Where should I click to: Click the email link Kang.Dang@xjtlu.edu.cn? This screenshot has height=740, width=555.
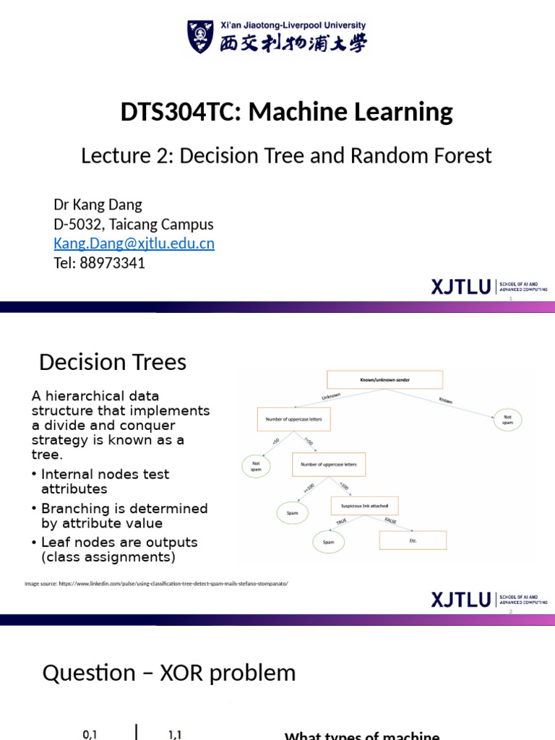pyautogui.click(x=134, y=244)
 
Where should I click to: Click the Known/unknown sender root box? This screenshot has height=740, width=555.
pyautogui.click(x=375, y=379)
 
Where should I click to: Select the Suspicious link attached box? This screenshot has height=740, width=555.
pyautogui.click(x=364, y=505)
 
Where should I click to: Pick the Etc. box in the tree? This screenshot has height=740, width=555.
pyautogui.click(x=413, y=541)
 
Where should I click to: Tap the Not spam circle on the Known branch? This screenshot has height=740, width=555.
pyautogui.click(x=508, y=420)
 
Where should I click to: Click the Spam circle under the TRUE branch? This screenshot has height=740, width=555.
pyautogui.click(x=328, y=541)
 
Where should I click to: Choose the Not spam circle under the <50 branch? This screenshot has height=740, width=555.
pyautogui.click(x=257, y=466)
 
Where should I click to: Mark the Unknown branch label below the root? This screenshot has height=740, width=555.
pyautogui.click(x=330, y=397)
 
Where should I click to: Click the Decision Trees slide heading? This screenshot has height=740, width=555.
pyautogui.click(x=113, y=362)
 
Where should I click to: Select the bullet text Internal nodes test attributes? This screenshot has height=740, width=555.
pyautogui.click(x=105, y=481)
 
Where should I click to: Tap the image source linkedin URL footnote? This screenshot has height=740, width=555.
pyautogui.click(x=156, y=583)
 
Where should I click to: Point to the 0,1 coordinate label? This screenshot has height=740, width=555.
pyautogui.click(x=90, y=734)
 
